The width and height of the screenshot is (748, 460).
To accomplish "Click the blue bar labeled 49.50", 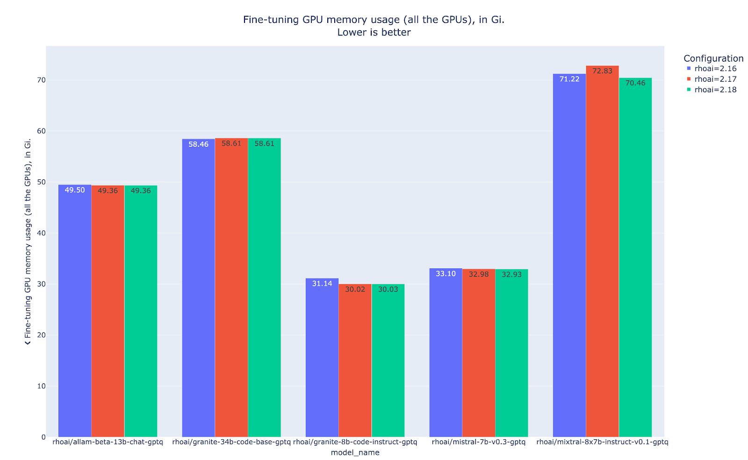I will [x=75, y=311].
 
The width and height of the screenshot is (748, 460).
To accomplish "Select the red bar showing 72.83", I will [x=602, y=252].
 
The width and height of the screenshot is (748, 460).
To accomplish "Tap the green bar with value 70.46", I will [x=635, y=257].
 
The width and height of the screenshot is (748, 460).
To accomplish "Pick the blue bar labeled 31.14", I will [x=322, y=358].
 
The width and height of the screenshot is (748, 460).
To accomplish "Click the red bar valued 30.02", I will [x=355, y=360].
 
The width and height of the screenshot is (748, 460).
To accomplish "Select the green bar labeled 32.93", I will [x=511, y=353].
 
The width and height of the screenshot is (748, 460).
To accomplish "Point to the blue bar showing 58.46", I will [x=199, y=287].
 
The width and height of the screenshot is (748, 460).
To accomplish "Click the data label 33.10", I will [x=446, y=273].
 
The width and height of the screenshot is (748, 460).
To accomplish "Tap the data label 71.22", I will [x=569, y=79].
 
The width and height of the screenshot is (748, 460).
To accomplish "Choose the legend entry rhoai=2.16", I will [x=715, y=69].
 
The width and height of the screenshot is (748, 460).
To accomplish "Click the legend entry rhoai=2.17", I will [x=715, y=79].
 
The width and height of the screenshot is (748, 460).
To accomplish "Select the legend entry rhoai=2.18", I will [x=715, y=90].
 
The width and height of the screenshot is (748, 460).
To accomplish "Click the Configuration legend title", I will [x=713, y=58].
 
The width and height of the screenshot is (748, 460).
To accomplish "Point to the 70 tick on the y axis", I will [x=41, y=80].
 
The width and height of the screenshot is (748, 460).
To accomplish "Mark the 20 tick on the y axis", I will [x=41, y=335].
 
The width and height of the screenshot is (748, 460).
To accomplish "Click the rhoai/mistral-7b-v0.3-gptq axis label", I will [x=479, y=442].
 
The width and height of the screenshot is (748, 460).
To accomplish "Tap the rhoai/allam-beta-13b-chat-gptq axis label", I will [x=108, y=442].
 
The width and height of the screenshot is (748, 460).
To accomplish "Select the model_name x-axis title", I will [x=355, y=453].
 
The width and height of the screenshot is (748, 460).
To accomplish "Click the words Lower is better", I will [x=374, y=32].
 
